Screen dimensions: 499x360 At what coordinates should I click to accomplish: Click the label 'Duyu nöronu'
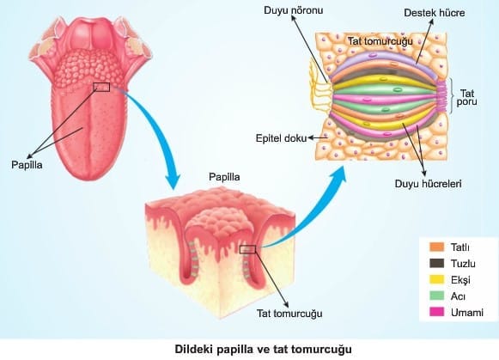293,10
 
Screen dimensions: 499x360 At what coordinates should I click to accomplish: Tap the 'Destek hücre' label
435,13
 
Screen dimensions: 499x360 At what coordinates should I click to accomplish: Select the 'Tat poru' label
467,97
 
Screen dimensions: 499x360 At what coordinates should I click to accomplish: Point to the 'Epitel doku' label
282,138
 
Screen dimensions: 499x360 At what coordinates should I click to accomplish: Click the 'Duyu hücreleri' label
428,184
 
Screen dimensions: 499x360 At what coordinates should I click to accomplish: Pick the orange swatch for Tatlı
436,247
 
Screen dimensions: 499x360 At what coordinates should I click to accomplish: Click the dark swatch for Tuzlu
436,263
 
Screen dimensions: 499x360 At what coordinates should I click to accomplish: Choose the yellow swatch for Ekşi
436,279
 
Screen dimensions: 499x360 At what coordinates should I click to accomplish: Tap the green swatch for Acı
436,296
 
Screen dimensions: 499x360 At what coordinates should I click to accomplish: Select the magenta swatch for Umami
436,312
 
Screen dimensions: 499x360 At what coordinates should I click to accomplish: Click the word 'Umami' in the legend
467,313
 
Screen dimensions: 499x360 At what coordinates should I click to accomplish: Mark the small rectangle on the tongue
101,87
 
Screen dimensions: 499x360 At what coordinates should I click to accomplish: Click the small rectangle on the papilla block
247,249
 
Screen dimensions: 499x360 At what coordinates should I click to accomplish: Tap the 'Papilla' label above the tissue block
224,177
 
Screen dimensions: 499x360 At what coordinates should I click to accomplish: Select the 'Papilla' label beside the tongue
27,165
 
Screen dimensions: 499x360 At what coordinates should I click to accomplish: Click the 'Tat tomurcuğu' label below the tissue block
289,314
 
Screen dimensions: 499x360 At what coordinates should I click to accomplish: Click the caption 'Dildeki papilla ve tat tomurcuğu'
264,349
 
